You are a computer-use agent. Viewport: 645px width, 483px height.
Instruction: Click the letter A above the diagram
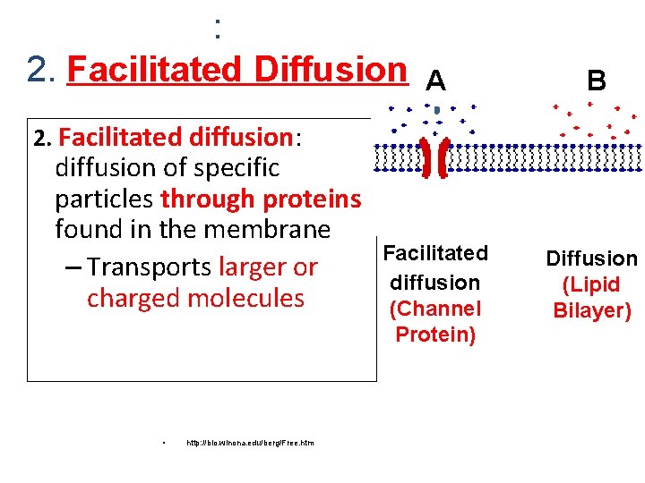(435, 82)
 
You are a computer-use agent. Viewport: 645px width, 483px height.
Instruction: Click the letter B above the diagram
(597, 82)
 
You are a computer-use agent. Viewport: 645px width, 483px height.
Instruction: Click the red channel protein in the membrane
(435, 157)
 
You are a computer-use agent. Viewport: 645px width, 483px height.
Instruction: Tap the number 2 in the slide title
(37, 69)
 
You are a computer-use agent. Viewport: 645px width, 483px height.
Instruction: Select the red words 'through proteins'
(261, 199)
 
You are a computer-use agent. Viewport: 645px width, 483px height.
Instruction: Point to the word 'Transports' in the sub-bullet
(150, 267)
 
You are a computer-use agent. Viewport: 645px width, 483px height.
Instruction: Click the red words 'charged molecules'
(195, 298)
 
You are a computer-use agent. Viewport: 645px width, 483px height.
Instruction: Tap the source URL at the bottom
(250, 443)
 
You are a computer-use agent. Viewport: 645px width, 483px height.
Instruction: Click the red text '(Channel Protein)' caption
(435, 322)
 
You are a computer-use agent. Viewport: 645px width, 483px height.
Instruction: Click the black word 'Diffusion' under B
(592, 259)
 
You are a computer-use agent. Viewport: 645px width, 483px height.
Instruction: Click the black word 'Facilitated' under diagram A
(435, 253)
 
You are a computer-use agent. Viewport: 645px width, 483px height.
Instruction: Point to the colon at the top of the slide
(218, 29)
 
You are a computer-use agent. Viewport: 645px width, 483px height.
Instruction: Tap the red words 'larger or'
(268, 267)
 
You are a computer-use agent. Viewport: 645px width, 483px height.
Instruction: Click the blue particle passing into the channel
(436, 112)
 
